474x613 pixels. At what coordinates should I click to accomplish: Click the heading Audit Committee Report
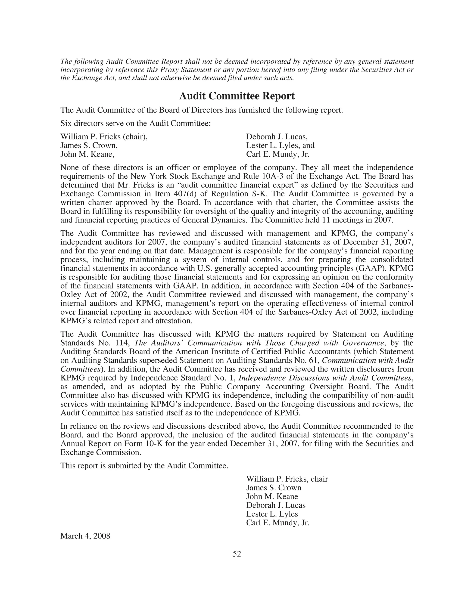(x=237, y=96)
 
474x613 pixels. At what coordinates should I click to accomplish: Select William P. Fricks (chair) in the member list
(x=104, y=137)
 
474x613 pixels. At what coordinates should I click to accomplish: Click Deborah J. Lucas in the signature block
(x=275, y=505)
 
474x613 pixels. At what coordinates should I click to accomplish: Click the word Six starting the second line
(x=66, y=123)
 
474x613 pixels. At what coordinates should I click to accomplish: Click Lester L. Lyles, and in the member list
(x=280, y=146)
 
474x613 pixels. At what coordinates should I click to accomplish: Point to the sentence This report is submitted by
(x=144, y=466)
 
